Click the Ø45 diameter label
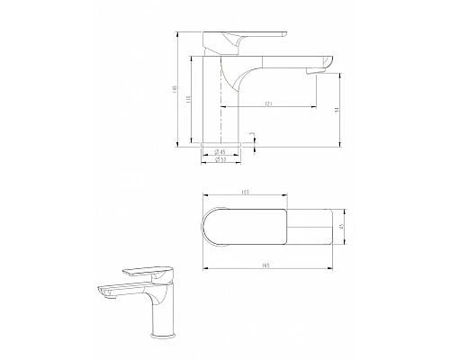[220, 152]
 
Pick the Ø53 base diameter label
[220, 161]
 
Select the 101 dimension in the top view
[246, 192]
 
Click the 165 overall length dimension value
[269, 265]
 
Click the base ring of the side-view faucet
[220, 141]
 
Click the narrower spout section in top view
[315, 228]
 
